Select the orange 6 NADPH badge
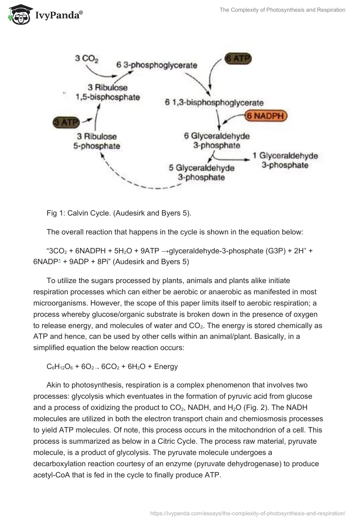[265, 115]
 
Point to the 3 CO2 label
[87, 58]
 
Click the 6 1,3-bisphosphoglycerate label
[214, 103]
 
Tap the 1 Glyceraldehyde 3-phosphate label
[285, 160]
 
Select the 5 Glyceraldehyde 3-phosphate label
[202, 172]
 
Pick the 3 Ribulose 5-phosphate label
[97, 141]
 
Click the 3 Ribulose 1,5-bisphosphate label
[111, 92]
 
